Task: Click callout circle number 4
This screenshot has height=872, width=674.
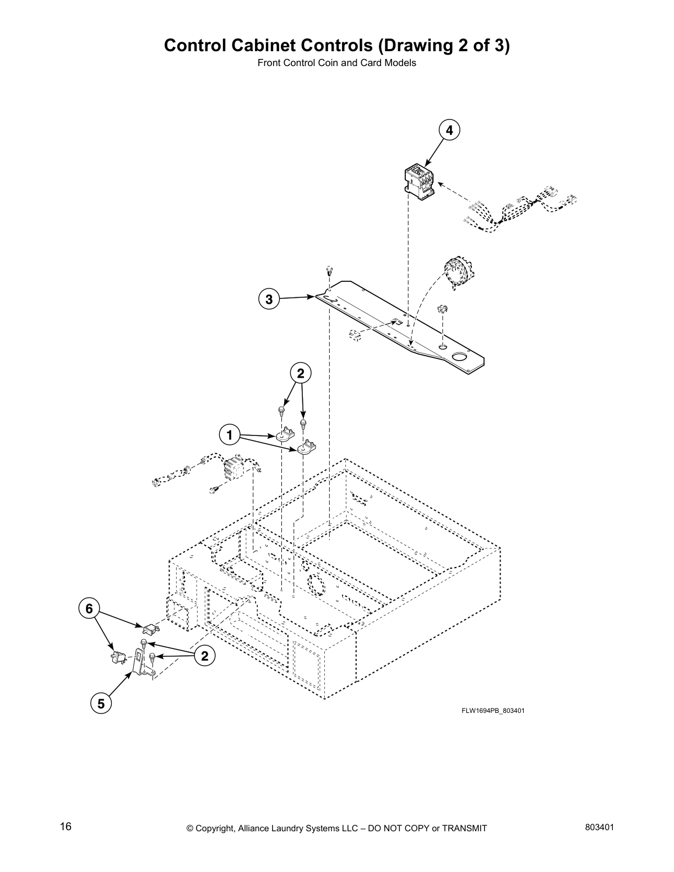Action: [449, 130]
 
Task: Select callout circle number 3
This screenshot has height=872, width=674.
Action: [269, 299]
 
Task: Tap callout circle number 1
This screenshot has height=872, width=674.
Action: [229, 435]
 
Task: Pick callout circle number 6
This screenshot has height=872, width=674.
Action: [89, 608]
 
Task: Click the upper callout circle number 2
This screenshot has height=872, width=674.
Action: [301, 374]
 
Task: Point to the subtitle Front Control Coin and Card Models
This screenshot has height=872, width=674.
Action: [336, 63]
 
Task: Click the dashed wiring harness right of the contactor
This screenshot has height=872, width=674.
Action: [518, 210]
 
